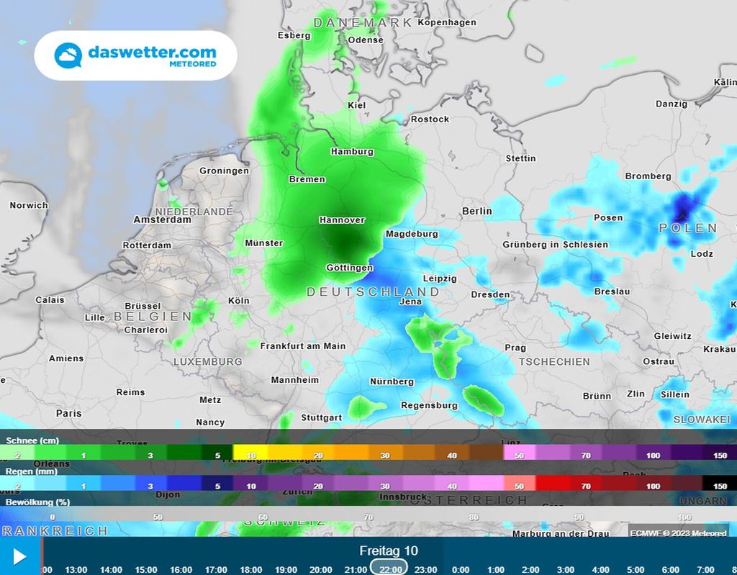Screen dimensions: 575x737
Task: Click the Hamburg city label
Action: coord(352,152)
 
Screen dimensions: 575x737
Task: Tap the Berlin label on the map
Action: coord(476,211)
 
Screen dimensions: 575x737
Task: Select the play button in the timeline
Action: coord(19,556)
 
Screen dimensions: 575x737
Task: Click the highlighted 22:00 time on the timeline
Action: coord(390,569)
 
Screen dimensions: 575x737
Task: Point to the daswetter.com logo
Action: coord(136,55)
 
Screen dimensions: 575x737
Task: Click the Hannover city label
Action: coord(342,220)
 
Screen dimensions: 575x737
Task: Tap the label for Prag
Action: coord(515,348)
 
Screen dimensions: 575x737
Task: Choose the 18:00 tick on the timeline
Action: coord(250,569)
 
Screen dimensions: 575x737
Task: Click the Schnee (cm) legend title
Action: coord(32,440)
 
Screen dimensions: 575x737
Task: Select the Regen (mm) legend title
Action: coord(32,471)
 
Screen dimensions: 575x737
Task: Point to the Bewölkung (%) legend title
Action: coord(37,502)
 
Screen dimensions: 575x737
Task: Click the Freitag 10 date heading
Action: coord(389,551)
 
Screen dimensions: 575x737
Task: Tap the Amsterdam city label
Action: coord(162,219)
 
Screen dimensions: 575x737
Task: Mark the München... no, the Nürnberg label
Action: coord(392,381)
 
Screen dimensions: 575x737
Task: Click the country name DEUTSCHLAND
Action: coord(373,291)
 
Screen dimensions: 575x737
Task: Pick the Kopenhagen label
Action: coord(447,22)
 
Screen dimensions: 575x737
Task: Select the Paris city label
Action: coord(69,413)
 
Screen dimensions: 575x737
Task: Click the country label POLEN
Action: coord(688,228)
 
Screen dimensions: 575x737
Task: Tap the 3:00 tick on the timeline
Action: coord(566,569)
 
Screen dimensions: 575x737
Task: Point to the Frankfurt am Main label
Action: coord(303,345)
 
